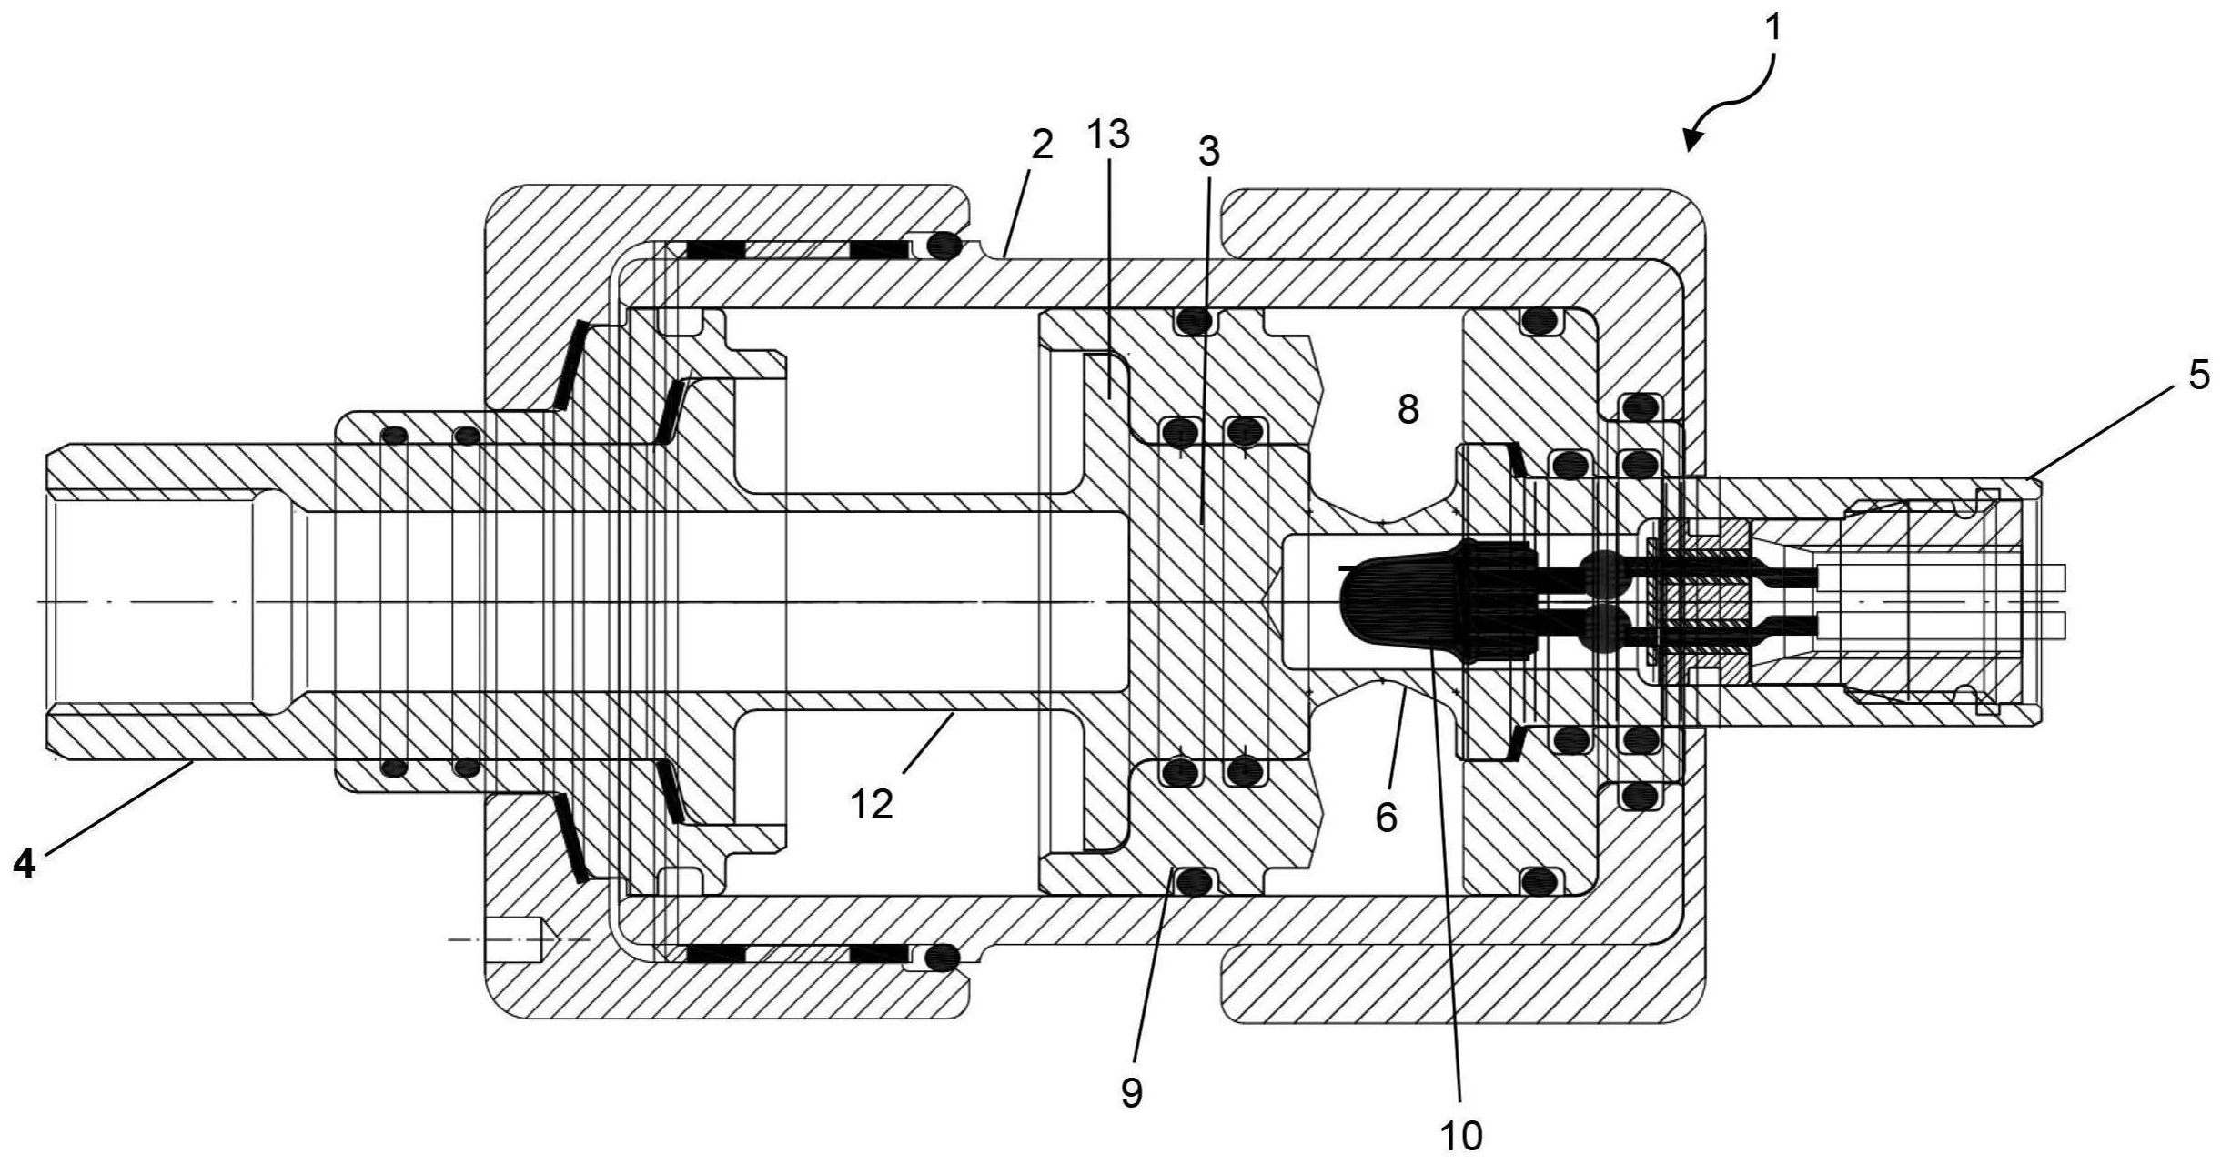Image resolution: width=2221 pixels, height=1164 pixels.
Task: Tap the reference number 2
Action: point(1042,145)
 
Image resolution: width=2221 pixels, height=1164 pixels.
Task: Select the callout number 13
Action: point(1107,135)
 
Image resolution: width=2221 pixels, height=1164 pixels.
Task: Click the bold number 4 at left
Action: point(25,863)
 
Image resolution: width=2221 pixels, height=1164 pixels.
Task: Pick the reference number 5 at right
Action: point(2198,375)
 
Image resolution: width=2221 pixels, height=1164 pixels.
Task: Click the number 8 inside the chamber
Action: point(1408,410)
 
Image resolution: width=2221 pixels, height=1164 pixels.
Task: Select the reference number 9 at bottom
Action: point(1132,1092)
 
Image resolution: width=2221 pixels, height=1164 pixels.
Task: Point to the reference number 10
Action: point(1460,1135)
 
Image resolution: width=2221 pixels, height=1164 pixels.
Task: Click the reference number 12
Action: point(872,804)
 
